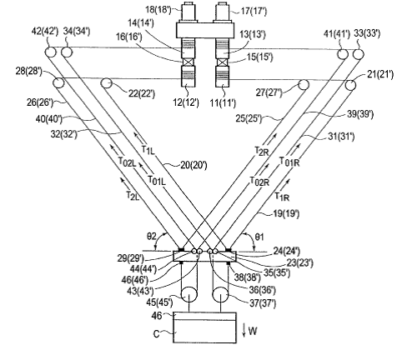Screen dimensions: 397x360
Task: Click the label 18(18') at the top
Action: click(x=158, y=10)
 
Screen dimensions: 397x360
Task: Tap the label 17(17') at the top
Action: click(x=254, y=12)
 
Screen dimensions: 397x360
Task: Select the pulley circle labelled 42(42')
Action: click(x=50, y=52)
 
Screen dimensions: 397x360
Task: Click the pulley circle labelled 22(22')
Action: click(x=106, y=83)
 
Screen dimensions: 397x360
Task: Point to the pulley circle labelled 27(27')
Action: click(x=304, y=84)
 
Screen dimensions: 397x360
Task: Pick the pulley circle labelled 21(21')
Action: click(x=351, y=85)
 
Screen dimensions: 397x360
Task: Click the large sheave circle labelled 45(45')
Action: click(x=189, y=294)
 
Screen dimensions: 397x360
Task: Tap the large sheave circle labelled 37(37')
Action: click(x=221, y=294)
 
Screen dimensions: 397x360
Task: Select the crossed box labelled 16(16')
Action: click(x=188, y=62)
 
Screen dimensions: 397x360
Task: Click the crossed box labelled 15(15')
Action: click(x=222, y=62)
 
